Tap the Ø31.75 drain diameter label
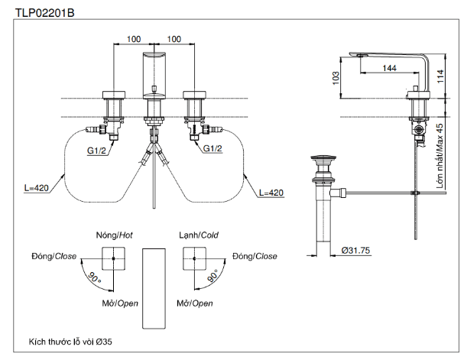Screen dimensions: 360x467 point(356,250)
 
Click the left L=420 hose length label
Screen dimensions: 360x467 point(37,186)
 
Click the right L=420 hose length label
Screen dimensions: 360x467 point(272,192)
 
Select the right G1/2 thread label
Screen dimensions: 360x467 point(213,148)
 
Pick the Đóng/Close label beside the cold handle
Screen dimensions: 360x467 point(256,256)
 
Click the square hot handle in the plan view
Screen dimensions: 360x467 point(113,262)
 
